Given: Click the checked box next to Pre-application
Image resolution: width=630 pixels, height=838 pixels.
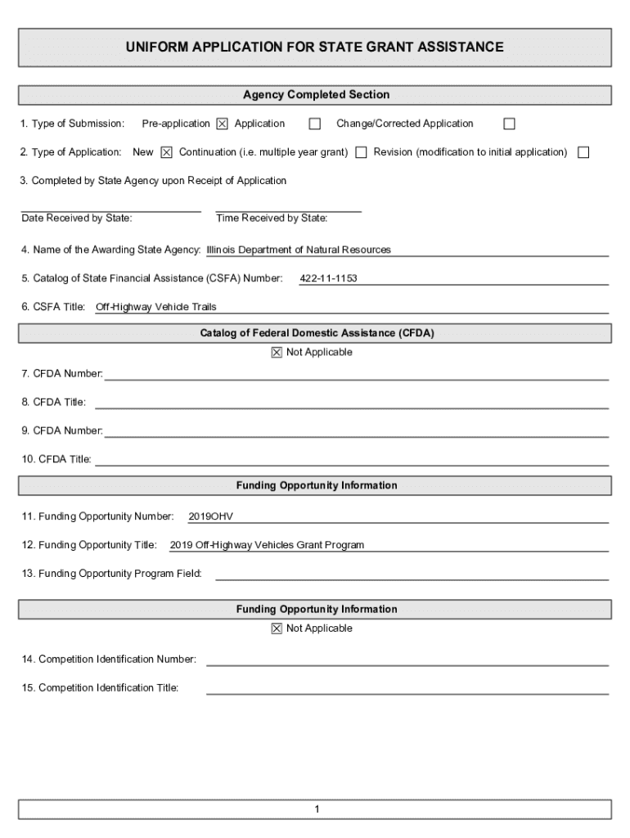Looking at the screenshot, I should [x=222, y=124].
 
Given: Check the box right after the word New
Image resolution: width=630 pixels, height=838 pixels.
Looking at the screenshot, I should [x=166, y=153].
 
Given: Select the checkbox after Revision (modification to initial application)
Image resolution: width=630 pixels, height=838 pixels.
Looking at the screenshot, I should [x=583, y=153].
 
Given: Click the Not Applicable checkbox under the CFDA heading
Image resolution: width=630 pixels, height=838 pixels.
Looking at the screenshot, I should [x=276, y=353].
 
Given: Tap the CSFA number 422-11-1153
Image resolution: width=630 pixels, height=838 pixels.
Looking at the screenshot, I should [x=328, y=279].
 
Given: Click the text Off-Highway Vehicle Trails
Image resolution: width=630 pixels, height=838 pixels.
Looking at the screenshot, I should [x=155, y=308].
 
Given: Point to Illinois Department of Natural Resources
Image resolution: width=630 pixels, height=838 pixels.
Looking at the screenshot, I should [x=299, y=250].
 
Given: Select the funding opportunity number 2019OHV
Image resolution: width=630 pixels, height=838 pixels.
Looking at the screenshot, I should [x=211, y=516].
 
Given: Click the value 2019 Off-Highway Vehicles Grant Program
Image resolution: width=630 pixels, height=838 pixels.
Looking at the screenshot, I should [x=267, y=545].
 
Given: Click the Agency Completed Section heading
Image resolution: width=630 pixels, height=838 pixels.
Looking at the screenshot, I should [x=316, y=95].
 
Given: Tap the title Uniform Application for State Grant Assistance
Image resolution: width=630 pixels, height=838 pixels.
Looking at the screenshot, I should [x=315, y=47].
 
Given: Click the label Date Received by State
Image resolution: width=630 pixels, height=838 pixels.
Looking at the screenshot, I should [x=77, y=219].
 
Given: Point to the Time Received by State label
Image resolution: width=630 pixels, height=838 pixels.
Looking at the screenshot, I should [x=272, y=219].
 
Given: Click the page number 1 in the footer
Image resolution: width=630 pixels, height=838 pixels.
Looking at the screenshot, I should [x=316, y=810].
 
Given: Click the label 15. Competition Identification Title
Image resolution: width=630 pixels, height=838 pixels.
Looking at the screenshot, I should [x=100, y=688].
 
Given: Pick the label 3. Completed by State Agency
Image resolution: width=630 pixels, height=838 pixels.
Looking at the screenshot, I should [x=154, y=181].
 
